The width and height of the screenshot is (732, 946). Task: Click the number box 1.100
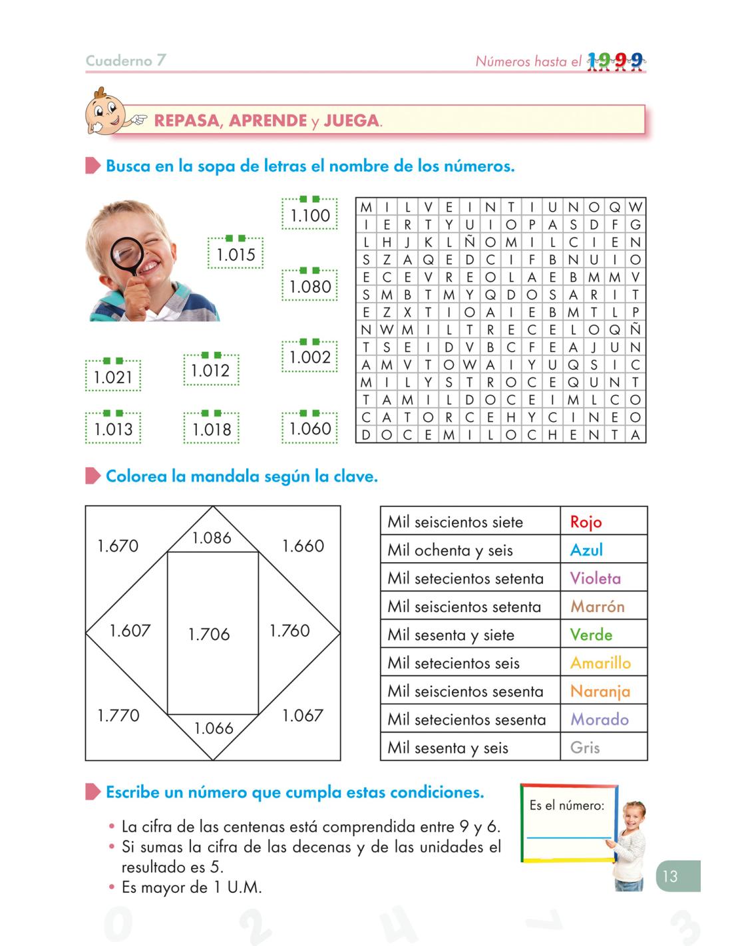point(309,215)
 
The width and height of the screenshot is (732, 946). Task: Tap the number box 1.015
point(236,254)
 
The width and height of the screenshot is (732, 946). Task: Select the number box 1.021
point(113,377)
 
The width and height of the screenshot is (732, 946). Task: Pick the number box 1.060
point(309,428)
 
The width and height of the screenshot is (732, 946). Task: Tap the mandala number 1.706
point(209,634)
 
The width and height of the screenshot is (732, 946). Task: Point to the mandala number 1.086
point(212,538)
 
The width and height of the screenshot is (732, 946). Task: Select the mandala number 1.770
point(118,716)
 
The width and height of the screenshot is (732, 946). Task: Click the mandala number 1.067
point(303,716)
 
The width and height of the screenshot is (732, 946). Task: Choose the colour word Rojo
point(586,522)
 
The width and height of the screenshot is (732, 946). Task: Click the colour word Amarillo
point(600,663)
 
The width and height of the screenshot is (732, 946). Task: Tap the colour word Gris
point(585,747)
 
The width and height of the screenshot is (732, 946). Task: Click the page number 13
point(669,876)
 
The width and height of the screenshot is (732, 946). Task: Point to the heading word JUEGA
point(351,121)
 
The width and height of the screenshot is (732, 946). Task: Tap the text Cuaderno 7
point(126,61)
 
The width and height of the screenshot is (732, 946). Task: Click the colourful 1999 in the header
point(616,61)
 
